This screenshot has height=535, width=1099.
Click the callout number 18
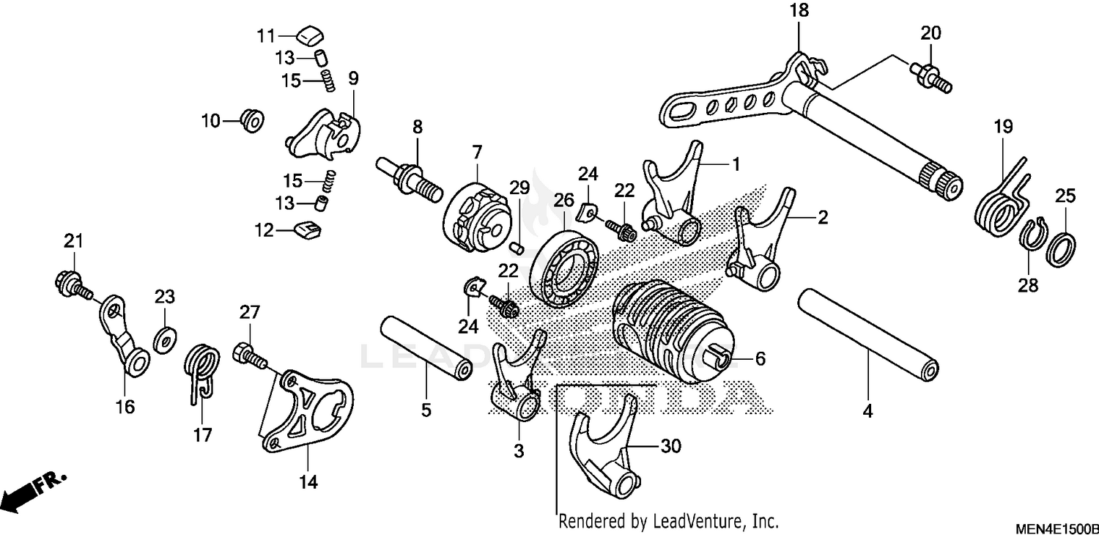[798, 11]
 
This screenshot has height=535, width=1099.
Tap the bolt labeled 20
[932, 77]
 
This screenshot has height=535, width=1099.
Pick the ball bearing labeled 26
[565, 267]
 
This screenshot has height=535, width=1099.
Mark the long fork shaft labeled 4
[868, 333]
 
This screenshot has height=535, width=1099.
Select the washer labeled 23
[165, 339]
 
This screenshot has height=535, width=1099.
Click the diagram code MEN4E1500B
[1055, 527]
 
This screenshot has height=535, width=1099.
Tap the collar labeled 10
[251, 120]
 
